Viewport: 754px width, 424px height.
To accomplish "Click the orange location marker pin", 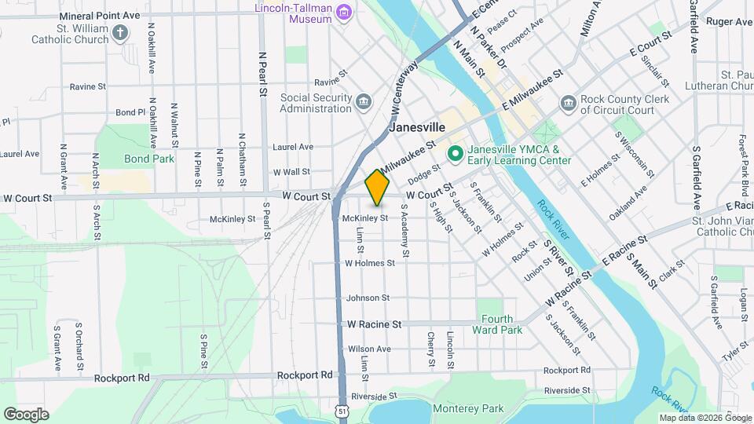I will point(378,188).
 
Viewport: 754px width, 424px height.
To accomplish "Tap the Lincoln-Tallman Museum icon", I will point(343,13).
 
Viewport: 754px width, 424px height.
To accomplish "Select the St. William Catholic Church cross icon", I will point(119,32).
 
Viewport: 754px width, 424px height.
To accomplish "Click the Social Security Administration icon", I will point(363,101).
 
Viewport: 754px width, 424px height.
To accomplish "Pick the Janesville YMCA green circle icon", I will point(454,154).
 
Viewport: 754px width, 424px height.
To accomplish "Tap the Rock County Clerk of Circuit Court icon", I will point(567,104).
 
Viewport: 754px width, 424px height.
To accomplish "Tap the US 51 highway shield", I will point(339,411).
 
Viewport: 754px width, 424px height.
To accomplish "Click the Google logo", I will point(26,414).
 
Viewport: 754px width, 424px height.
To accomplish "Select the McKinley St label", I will point(365,217).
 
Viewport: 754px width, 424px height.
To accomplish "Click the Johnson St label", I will point(368,298).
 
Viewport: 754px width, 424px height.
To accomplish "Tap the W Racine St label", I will point(374,323).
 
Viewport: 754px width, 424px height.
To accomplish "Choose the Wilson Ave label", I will point(369,349).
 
